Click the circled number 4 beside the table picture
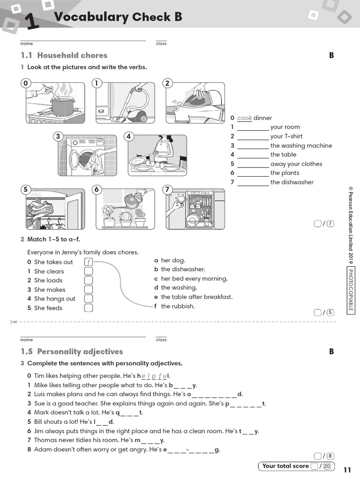coord(129,136)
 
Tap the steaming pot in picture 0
coord(62,106)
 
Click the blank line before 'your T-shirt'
coord(253,137)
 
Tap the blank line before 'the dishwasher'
coord(253,183)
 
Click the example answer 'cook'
coord(244,118)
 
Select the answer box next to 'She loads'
coord(89,280)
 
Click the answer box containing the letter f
coord(89,262)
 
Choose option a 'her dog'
coord(173,260)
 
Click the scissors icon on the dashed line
coord(13,322)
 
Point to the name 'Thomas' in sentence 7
coord(45,440)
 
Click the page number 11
coord(347,470)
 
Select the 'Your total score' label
coord(285,466)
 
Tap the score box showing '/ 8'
coord(324,456)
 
